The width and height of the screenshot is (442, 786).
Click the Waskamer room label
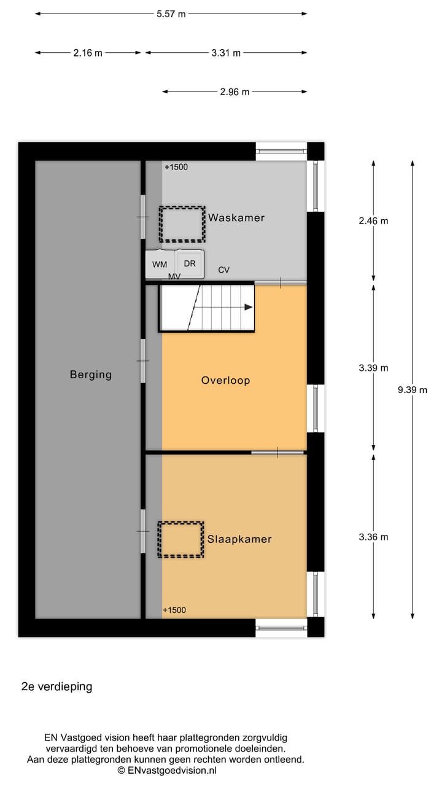pos(236,217)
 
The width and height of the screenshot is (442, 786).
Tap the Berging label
pos(91,374)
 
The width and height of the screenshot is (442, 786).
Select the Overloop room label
pos(225,380)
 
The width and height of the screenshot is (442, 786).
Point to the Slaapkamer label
pos(239,539)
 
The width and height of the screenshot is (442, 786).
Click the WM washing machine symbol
pos(160,264)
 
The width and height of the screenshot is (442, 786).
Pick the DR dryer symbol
pos(190,263)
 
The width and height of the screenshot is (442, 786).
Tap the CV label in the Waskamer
pos(224,270)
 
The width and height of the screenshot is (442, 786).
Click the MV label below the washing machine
pos(174,277)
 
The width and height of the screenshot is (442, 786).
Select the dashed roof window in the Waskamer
pos(182,224)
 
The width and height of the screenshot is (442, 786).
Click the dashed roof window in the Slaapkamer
pos(180,540)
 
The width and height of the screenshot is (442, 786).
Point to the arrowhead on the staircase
pos(249,307)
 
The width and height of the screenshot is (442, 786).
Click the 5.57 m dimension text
pos(171,14)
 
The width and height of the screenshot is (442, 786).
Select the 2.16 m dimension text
pos(88,53)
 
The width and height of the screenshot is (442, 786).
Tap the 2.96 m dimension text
pos(235,92)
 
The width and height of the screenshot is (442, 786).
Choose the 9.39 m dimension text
pos(413,389)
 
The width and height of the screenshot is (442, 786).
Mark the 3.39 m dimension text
pos(374,368)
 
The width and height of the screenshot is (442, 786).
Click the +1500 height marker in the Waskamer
pos(176,166)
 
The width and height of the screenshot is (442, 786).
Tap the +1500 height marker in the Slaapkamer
pos(174,610)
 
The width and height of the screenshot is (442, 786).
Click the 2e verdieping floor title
pos(56,687)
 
